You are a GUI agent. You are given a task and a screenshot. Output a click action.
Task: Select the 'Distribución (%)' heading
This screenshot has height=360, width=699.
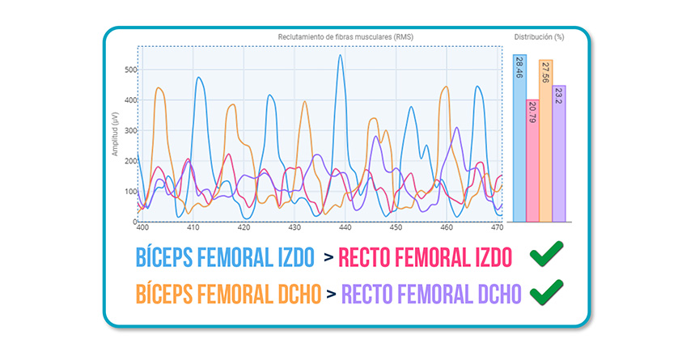(539, 37)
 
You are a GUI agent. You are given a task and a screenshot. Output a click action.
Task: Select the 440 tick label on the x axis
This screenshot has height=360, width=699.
(345, 228)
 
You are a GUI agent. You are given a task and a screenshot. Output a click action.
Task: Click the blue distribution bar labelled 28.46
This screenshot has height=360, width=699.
(519, 138)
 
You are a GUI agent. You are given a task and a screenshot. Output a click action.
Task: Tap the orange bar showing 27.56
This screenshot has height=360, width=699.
(545, 141)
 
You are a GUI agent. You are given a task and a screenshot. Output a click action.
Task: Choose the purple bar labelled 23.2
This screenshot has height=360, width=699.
(558, 153)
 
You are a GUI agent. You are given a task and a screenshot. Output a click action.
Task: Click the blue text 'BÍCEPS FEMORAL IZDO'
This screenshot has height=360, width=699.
(224, 259)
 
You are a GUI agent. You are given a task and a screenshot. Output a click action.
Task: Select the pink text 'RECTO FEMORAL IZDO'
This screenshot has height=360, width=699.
(426, 259)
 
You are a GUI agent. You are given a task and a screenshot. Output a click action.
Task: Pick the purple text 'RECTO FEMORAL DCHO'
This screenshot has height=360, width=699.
(430, 293)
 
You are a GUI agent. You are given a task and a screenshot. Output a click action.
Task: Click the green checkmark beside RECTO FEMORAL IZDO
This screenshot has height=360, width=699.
(546, 256)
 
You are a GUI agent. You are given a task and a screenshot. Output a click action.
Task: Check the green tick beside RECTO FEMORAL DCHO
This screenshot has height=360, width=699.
(546, 290)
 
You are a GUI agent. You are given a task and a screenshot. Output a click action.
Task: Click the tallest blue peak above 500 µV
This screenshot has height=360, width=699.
(341, 56)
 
